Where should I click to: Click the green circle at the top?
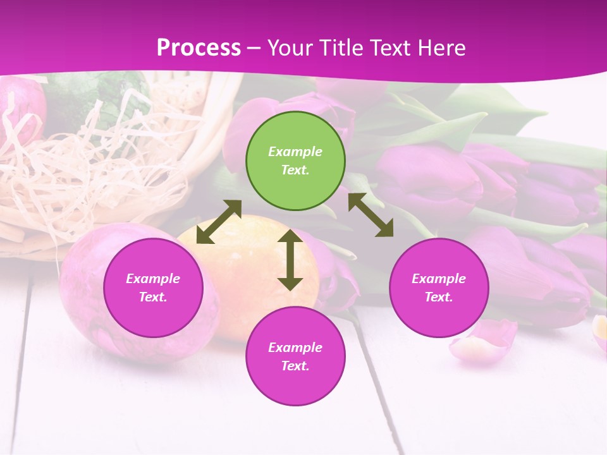295,161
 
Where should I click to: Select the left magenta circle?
153,288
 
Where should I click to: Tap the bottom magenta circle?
295,356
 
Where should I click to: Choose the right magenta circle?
439,288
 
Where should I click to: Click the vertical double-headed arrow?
290,260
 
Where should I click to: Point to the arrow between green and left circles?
219,222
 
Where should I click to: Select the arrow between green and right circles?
371,215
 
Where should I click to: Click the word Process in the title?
199,47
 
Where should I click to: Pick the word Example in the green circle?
295,152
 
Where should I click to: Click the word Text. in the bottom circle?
295,366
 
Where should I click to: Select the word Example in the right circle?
439,279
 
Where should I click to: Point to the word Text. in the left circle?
153,297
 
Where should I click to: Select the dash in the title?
254,48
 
